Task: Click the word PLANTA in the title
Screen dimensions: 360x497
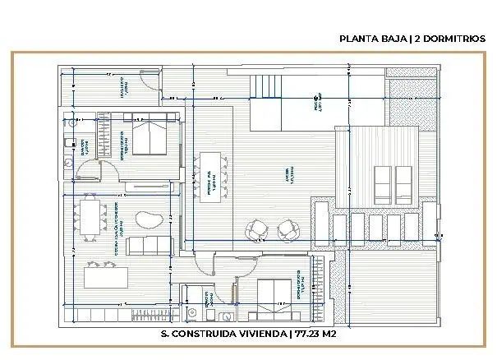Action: coord(359,39)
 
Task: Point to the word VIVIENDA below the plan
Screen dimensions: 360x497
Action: coord(264,334)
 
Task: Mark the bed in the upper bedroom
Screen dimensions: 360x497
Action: coord(151,136)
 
